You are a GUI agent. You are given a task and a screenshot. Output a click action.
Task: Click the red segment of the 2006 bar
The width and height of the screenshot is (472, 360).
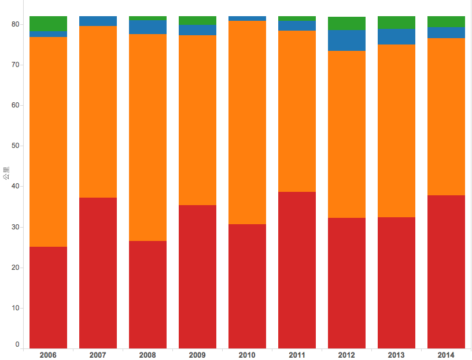pos(48,297)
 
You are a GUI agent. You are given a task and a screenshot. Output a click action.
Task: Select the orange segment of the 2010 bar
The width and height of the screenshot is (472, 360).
pos(247,122)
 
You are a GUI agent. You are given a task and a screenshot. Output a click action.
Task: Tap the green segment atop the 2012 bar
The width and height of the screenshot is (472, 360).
pos(346,23)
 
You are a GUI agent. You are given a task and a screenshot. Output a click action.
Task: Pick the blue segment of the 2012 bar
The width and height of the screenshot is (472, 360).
pos(346,40)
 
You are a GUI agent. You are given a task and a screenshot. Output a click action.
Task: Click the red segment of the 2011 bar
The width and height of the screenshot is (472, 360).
pos(297,270)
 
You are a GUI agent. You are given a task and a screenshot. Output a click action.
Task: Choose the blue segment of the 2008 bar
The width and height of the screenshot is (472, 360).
pos(147,27)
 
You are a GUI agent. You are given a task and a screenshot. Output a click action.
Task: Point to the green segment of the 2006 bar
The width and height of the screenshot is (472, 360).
pos(48,23)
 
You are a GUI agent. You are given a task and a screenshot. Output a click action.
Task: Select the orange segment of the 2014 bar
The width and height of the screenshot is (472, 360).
pos(446,116)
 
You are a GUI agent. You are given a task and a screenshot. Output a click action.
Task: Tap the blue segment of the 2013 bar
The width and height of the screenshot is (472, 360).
pos(396,36)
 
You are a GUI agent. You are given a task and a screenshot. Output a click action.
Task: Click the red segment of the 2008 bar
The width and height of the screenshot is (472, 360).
pos(147,294)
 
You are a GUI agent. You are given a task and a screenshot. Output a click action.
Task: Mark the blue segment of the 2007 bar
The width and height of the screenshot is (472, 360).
pos(98,21)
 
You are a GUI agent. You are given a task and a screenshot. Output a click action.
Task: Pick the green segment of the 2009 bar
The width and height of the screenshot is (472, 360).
pos(197,20)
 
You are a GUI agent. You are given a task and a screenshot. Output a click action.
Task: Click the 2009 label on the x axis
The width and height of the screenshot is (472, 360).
pos(197,354)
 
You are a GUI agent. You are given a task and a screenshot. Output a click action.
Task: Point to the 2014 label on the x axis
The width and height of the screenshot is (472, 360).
pos(446,354)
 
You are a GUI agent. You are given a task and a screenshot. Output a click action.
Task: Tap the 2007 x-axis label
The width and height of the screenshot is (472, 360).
pos(98,354)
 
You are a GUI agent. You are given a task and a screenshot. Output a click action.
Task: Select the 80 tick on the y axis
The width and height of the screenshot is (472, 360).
pos(16,24)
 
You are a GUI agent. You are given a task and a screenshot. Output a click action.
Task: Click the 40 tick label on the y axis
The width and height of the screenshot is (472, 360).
pos(16,186)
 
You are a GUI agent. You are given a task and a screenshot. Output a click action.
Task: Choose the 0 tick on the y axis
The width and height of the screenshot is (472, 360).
pos(17,344)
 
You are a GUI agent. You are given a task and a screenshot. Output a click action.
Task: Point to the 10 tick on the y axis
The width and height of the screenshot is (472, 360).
pos(16,308)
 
